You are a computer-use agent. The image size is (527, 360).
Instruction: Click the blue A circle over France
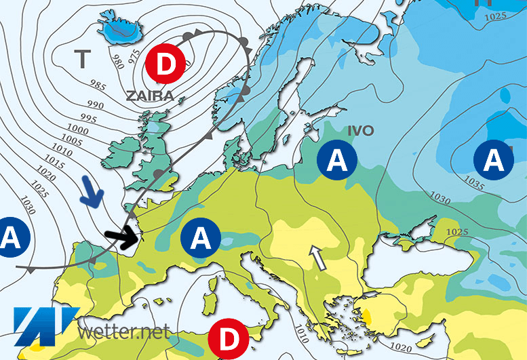click(x=201, y=237)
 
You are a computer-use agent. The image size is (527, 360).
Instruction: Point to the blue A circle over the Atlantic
click(x=10, y=237)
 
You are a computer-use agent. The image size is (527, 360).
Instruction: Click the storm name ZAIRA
click(x=150, y=96)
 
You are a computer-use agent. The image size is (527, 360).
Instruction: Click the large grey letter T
click(x=83, y=58)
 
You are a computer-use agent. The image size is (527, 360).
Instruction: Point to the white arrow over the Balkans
click(x=315, y=258)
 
